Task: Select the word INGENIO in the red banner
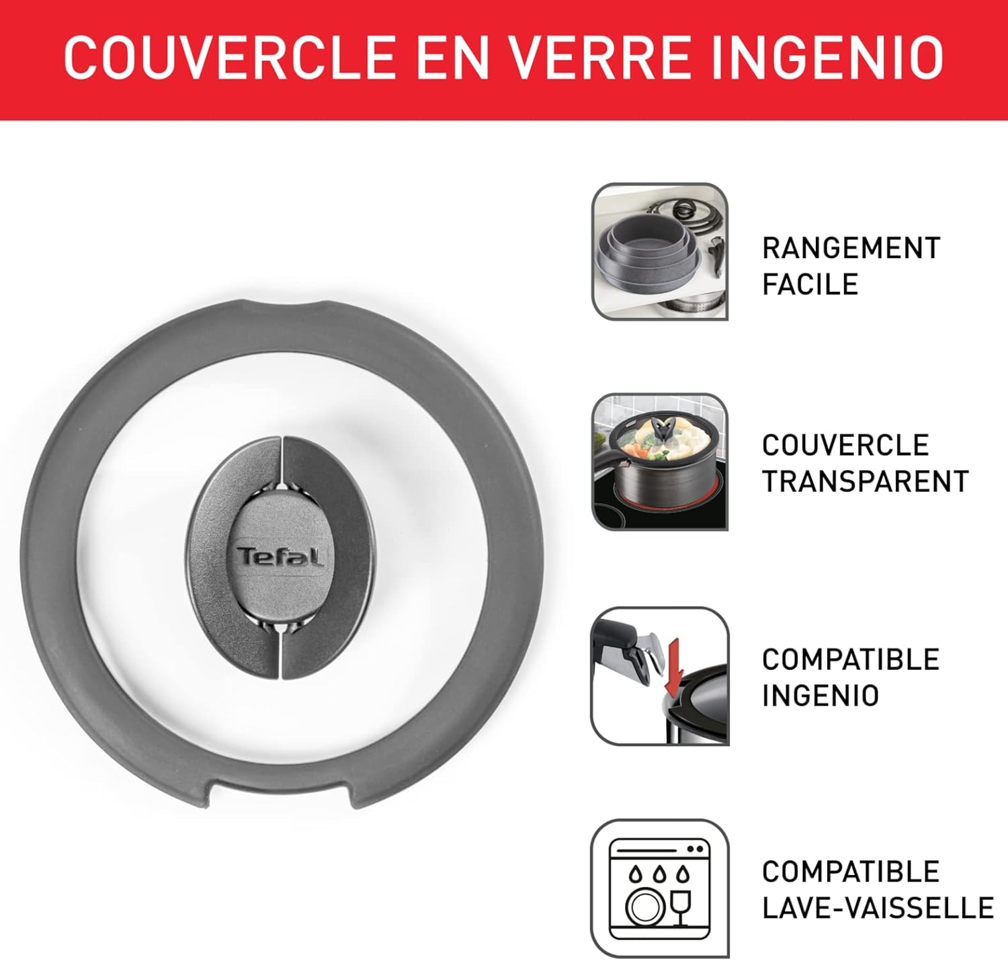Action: click(x=827, y=58)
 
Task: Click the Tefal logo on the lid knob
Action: click(x=280, y=557)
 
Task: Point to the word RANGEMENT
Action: click(x=851, y=248)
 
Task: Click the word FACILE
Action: click(x=810, y=284)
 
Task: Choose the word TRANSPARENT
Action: click(x=866, y=481)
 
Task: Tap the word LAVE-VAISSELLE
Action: click(x=878, y=908)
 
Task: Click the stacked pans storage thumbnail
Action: click(x=659, y=251)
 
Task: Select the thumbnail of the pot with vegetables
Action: click(x=659, y=462)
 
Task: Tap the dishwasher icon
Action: click(x=659, y=888)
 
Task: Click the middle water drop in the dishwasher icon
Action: click(x=659, y=874)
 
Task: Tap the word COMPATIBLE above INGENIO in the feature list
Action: click(x=851, y=659)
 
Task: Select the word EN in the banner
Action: click(x=452, y=58)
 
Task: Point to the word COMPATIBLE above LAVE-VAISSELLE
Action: click(x=851, y=872)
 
